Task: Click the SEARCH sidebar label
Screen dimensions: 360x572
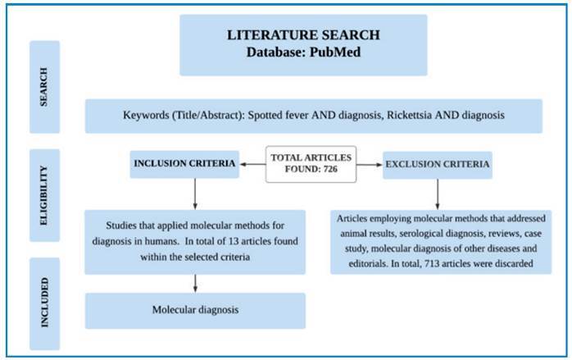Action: (44, 86)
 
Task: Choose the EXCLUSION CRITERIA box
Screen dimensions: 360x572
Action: (438, 165)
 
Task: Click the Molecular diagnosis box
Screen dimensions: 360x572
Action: (195, 311)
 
